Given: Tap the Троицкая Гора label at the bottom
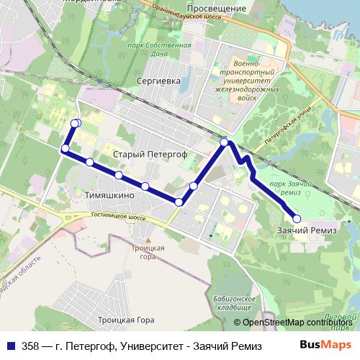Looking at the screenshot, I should (x=125, y=319).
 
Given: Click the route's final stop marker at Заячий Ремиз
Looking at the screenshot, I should (x=296, y=217).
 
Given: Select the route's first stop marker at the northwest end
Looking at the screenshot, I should (x=75, y=123).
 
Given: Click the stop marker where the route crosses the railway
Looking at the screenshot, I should (x=225, y=143).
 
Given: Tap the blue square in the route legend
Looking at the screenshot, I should (x=9, y=344).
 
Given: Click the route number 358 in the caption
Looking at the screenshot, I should (x=30, y=344).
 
